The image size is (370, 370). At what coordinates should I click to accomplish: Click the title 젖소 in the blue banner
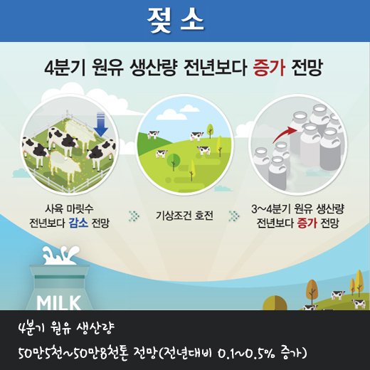175,20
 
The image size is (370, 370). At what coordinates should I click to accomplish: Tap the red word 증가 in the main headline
269,68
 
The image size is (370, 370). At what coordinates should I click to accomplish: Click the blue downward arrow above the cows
101,124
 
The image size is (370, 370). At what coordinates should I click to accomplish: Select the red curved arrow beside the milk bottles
285,134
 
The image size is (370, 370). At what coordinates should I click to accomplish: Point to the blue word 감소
78,223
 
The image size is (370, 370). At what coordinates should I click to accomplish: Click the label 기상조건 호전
184,216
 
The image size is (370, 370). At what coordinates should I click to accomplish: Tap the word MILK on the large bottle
58,303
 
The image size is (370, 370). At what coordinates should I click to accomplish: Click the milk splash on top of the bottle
60,255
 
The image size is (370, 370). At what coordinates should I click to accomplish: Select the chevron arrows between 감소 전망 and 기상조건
134,216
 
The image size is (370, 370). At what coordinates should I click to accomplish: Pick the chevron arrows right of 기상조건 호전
234,216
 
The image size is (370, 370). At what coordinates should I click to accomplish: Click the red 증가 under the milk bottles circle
307,223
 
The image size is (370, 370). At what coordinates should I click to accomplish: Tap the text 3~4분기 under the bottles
271,208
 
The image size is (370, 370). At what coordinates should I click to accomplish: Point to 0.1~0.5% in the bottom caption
246,354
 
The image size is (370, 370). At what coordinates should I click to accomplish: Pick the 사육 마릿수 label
69,208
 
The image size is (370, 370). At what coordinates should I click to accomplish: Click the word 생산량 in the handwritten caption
95,328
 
